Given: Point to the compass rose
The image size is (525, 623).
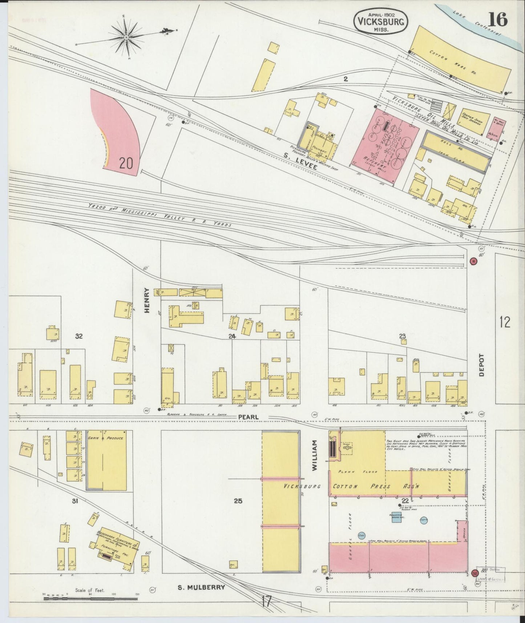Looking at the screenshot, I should pos(126,37).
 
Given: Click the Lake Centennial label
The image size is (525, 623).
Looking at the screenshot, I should pos(477,23).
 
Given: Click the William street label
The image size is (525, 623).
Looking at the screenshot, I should pos(315,455).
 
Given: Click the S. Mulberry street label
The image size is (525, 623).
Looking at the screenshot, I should pos(202,587).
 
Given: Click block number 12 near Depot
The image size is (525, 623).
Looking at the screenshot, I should pos(505,322).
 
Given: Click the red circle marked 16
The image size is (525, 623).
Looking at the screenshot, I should pos(473,261).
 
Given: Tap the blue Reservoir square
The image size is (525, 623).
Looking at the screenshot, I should pos(396,517).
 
